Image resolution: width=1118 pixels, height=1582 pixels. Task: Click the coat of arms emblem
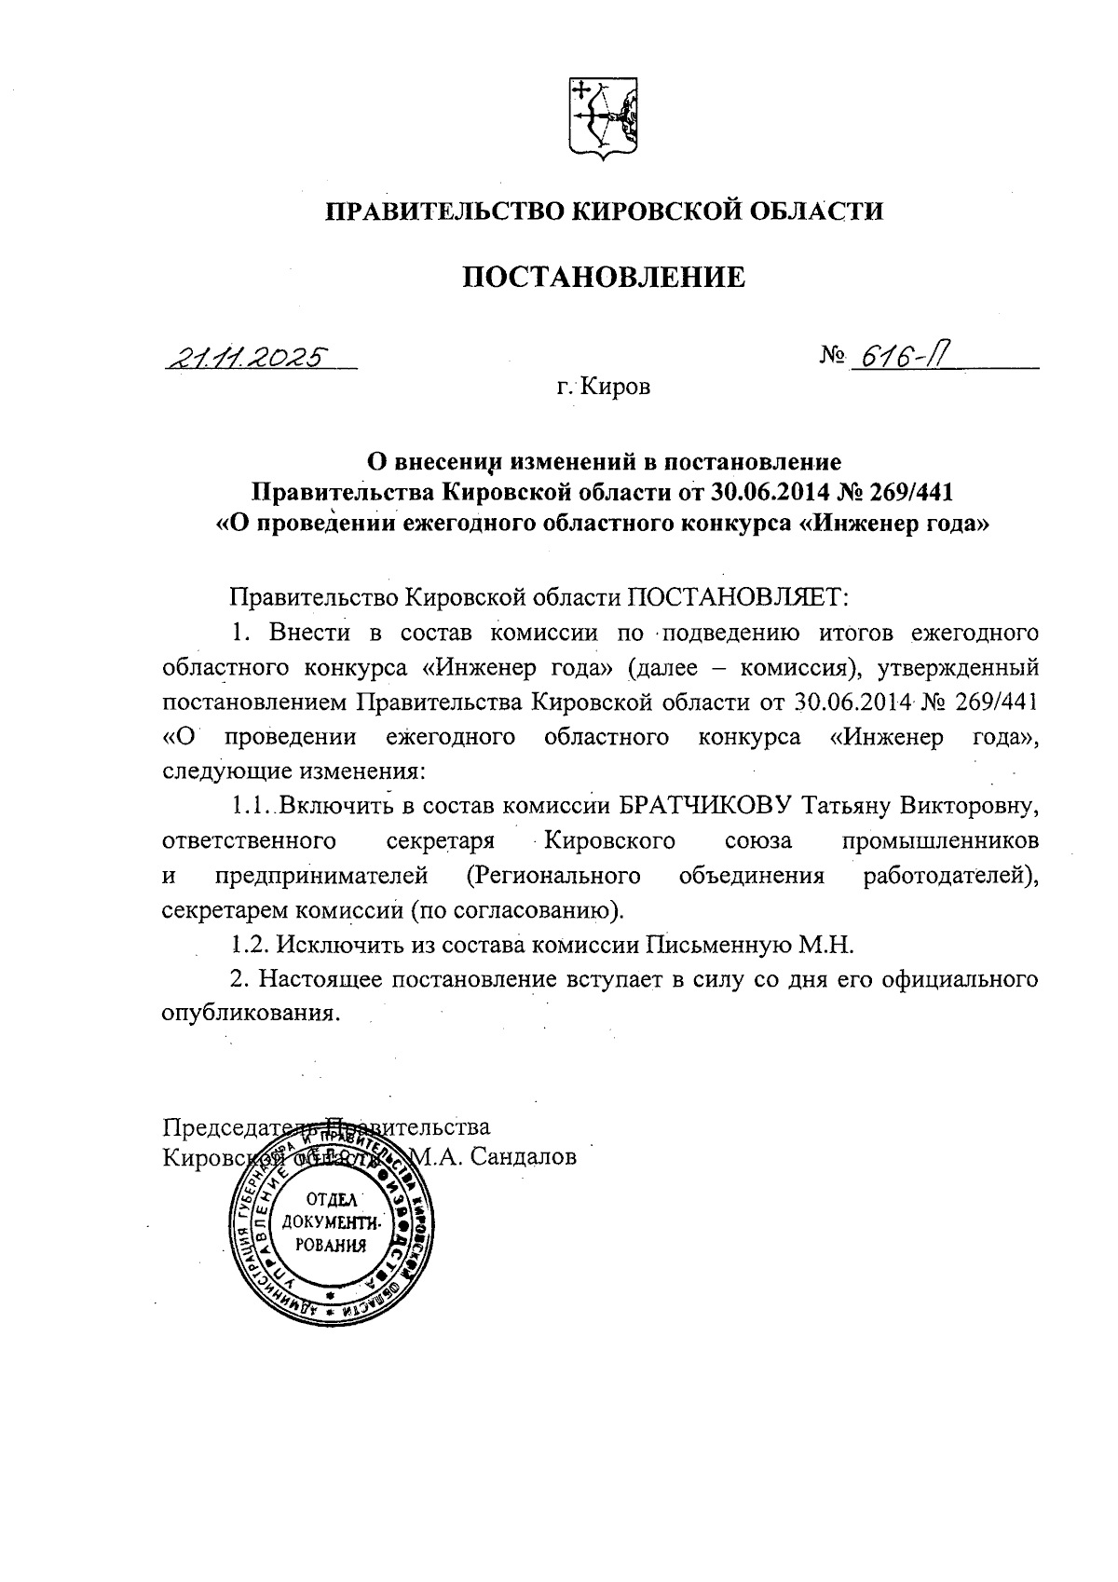coord(603,117)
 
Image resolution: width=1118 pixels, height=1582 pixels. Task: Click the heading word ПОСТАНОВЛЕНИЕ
coord(605,277)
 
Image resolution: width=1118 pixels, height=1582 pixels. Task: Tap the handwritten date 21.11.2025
coord(247,357)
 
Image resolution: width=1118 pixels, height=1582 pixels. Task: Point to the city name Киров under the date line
coord(616,387)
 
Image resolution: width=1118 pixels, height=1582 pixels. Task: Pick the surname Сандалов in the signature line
coord(524,1157)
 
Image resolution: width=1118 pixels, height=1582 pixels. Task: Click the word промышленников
coord(940,841)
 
